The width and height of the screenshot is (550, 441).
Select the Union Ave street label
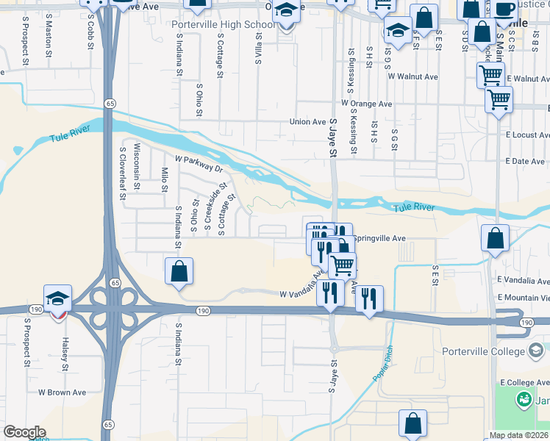307,122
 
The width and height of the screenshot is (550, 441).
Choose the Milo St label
164,179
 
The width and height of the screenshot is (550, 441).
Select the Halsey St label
65,356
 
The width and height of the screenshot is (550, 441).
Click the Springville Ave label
379,239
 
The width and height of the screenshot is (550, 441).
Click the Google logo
24,432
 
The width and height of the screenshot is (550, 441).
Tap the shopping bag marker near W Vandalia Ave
179,271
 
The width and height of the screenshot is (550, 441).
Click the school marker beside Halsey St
57,298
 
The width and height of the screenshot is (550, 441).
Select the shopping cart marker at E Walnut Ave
490,74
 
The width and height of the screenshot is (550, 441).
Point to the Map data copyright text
519,435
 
